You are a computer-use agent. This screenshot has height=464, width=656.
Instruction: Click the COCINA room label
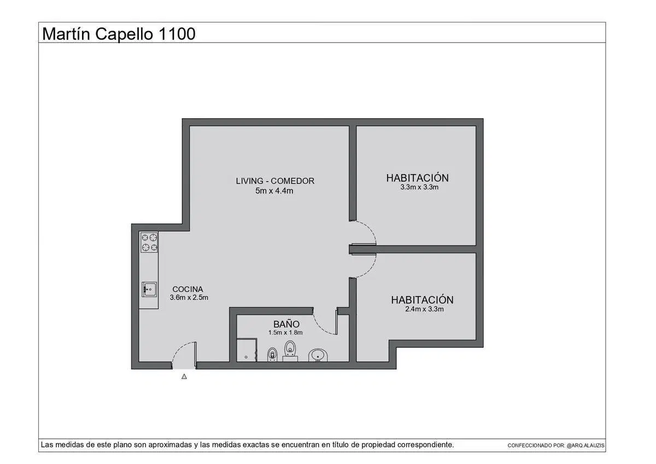(x=188, y=289)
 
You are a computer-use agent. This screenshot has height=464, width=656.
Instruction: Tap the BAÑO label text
(x=286, y=324)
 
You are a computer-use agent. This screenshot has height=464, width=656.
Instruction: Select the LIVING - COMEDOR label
(x=275, y=181)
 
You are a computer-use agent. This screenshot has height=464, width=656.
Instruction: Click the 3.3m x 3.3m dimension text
(x=419, y=187)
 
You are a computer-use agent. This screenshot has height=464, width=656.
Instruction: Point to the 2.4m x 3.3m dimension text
(x=424, y=309)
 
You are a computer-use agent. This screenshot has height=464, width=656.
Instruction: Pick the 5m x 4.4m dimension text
(x=274, y=191)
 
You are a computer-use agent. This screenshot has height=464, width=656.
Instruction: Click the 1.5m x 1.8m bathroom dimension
(x=285, y=332)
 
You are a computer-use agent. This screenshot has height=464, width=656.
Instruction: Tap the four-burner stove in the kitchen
(x=149, y=242)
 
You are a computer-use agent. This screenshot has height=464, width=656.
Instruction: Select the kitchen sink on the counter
(x=149, y=289)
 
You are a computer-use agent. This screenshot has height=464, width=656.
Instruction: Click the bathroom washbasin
(x=318, y=355)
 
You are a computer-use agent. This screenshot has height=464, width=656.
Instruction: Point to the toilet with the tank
(x=290, y=351)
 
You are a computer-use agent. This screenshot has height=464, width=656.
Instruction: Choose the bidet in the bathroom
(x=272, y=355)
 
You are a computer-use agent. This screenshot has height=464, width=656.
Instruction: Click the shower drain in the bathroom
(x=246, y=357)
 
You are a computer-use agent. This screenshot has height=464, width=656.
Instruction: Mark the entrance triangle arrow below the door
(x=184, y=376)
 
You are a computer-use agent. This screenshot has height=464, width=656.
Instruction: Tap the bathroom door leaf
(x=337, y=321)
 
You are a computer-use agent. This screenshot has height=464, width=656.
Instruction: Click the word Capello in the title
(x=124, y=34)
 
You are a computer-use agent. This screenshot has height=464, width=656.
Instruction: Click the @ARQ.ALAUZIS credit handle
(x=585, y=445)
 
